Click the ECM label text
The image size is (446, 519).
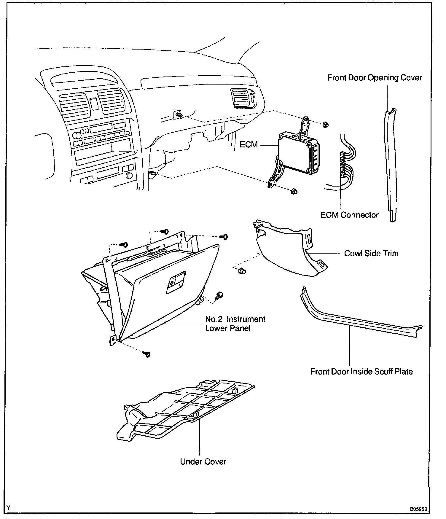(x=249, y=145)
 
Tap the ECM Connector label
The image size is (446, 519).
(x=349, y=215)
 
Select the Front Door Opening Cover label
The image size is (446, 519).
(x=375, y=78)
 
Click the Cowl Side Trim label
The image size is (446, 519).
(x=371, y=253)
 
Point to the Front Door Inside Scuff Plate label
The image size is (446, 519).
(x=361, y=372)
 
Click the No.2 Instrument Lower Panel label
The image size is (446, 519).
(x=235, y=324)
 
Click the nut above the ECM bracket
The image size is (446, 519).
(x=325, y=125)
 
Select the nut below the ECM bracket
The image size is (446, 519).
(x=294, y=191)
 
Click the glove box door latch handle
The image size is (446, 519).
(x=176, y=282)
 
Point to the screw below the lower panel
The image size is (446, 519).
(x=147, y=354)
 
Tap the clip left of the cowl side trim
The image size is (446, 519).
(x=241, y=270)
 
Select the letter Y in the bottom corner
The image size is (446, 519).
(x=8, y=508)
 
